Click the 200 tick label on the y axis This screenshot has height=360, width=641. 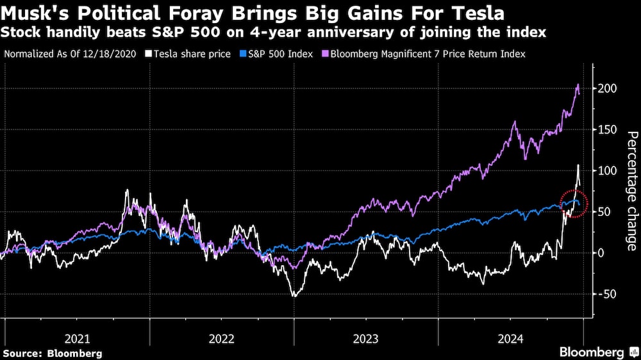608,88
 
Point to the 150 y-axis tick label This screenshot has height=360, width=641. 608,130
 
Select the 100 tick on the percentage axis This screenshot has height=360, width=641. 608,171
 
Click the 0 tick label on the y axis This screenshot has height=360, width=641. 602,253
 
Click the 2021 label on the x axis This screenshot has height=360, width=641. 78,338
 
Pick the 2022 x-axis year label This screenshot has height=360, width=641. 222,338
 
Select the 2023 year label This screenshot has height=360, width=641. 366,338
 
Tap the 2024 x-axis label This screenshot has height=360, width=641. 510,338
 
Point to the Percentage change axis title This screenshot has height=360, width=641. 631,191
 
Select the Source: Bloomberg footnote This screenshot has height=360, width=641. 52,353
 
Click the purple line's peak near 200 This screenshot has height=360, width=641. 578,85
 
